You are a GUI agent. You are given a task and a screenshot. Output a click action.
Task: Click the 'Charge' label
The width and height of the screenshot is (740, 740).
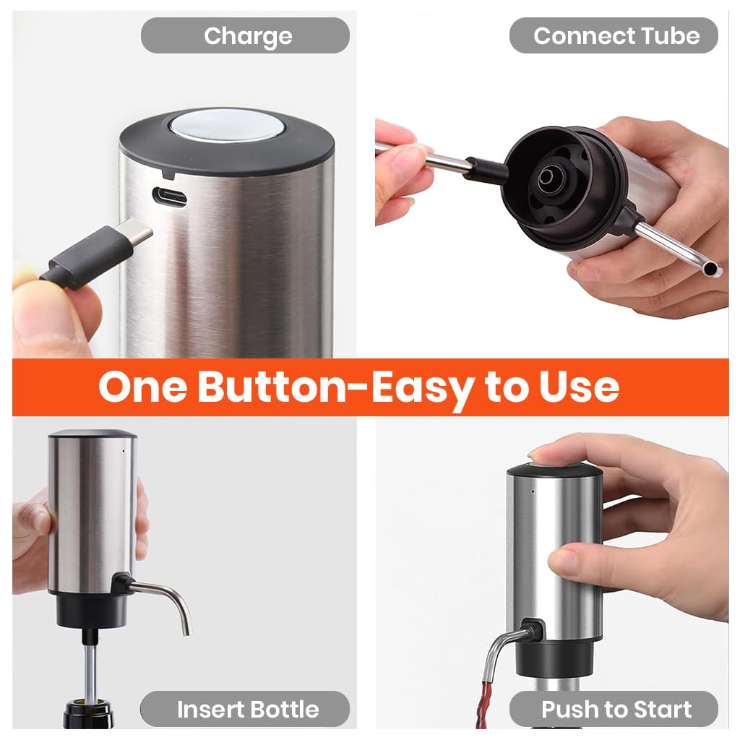click(x=248, y=36)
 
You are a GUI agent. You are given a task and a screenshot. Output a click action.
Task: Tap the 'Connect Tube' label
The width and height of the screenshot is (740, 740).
click(x=616, y=36)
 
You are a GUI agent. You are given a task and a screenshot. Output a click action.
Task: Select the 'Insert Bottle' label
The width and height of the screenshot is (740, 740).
click(x=248, y=710)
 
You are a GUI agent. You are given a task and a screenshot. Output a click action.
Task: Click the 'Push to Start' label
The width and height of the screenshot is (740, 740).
click(x=616, y=710)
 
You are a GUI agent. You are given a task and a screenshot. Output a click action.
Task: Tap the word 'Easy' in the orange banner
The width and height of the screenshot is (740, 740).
click(x=422, y=390)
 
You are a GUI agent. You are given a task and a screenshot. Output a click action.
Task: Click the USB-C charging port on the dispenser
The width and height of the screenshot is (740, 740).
click(x=169, y=196)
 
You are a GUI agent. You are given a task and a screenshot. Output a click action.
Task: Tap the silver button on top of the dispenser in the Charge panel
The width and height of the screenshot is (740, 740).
click(x=225, y=126)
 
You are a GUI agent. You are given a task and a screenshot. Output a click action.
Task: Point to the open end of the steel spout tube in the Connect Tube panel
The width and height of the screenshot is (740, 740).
click(x=710, y=270)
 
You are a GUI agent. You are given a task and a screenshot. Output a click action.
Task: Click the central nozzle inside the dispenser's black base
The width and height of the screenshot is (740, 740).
click(x=547, y=178)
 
